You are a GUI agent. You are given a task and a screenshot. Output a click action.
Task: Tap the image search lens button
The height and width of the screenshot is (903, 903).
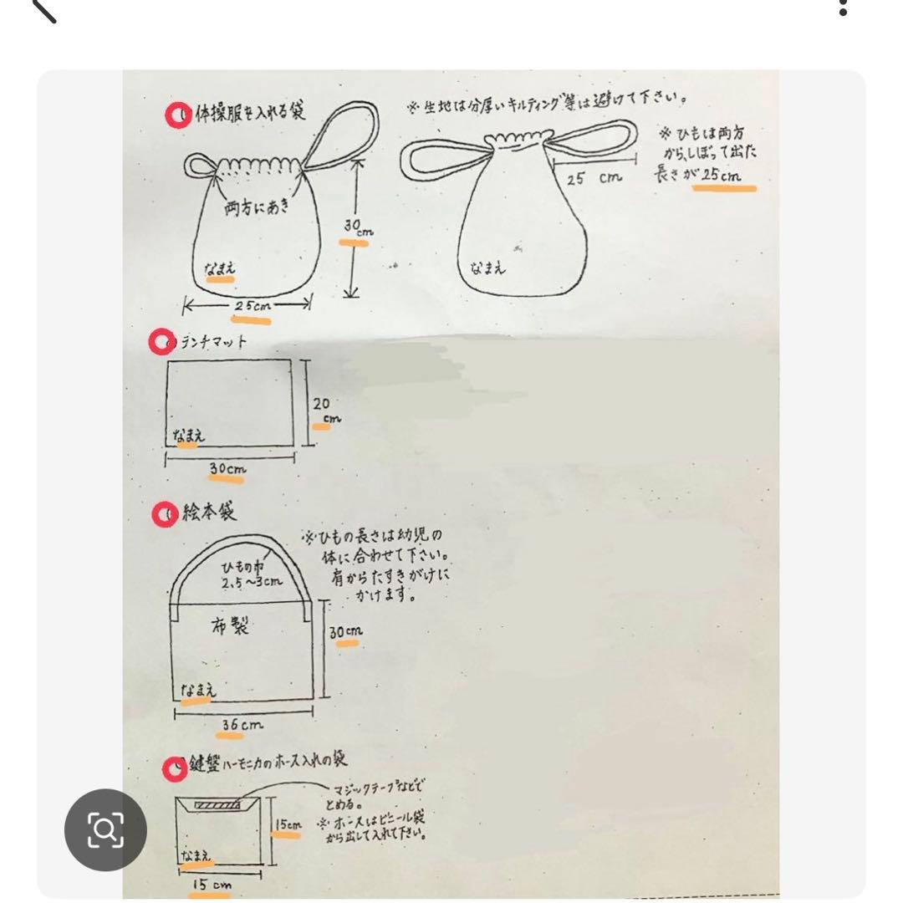105,830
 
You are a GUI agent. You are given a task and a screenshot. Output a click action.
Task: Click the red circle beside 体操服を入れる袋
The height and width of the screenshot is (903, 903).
178,115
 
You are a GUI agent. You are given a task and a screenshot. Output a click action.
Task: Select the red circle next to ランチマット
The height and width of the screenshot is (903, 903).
161,342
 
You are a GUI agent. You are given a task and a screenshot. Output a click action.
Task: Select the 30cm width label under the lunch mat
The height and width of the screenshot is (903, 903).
227,470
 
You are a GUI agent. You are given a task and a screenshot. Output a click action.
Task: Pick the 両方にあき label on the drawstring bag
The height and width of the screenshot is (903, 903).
256,207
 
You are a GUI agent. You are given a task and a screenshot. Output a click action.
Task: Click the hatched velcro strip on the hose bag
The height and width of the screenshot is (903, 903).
222,804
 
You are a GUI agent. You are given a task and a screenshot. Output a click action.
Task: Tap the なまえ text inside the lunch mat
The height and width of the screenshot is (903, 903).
189,436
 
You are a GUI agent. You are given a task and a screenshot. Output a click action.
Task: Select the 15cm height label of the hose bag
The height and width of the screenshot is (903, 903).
288,824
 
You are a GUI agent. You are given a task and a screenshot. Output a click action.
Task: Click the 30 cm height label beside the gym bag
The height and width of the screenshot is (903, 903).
353,228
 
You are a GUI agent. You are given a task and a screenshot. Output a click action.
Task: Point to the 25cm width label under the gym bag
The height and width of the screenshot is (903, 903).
252,307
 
